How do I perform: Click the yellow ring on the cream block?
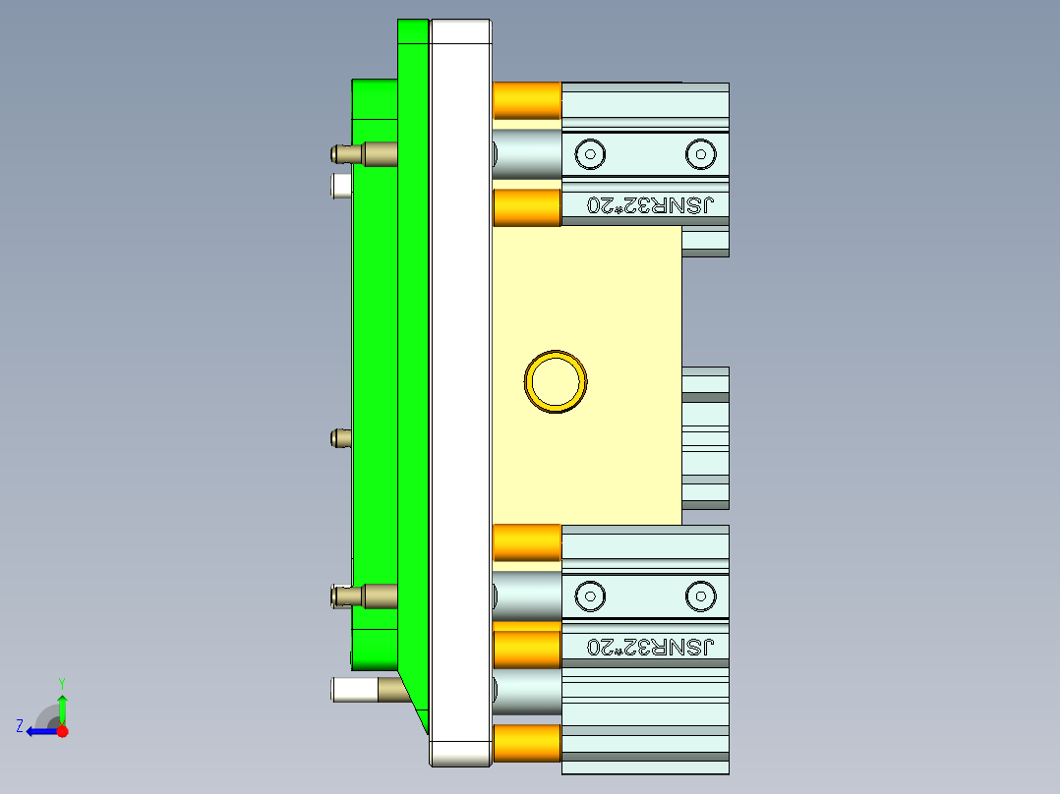click(x=556, y=381)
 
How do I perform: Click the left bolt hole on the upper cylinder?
click(x=590, y=153)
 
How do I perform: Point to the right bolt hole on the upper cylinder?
click(x=699, y=153)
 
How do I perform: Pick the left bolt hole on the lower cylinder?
click(x=590, y=595)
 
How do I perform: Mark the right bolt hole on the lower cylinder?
click(x=699, y=595)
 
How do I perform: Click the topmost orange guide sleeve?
click(x=526, y=101)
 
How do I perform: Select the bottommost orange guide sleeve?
click(x=526, y=743)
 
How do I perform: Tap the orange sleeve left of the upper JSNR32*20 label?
click(x=526, y=207)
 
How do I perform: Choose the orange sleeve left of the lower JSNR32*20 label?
click(x=526, y=649)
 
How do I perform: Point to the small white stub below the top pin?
click(x=341, y=185)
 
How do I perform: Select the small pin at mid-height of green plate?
click(x=341, y=437)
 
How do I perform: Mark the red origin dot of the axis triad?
click(x=62, y=731)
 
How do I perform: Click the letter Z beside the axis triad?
click(x=20, y=725)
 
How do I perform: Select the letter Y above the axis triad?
click(x=61, y=683)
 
